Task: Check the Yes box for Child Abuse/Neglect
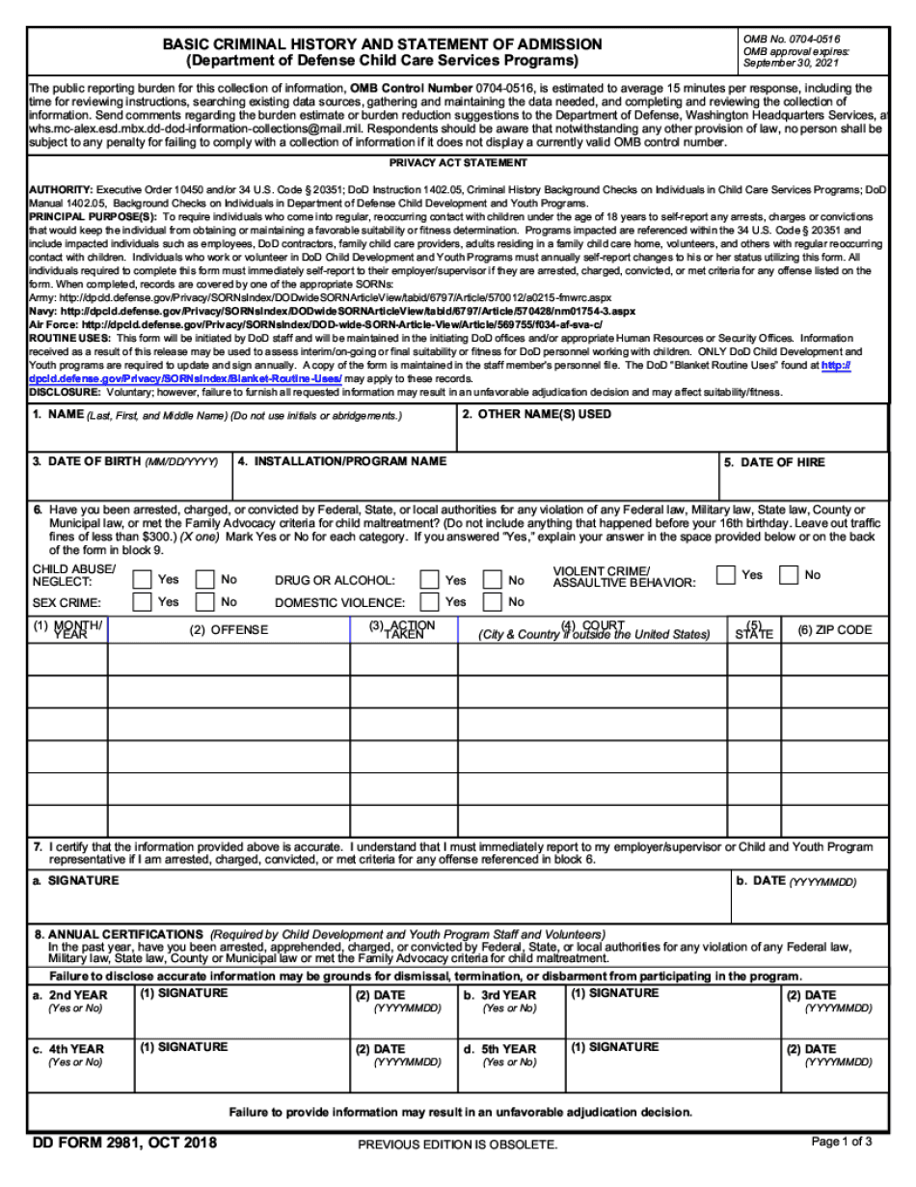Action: click(x=142, y=580)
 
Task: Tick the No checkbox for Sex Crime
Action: click(x=205, y=602)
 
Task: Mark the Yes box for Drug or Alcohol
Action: click(x=430, y=580)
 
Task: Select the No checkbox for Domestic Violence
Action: click(x=493, y=602)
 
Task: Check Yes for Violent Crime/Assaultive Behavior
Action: click(x=726, y=575)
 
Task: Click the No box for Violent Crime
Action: click(x=790, y=575)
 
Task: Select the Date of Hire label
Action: click(x=782, y=463)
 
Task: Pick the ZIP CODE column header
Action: click(x=834, y=630)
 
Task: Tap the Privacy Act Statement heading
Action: click(x=458, y=163)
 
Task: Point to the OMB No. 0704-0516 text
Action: click(x=778, y=38)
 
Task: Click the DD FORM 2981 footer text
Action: click(x=123, y=1144)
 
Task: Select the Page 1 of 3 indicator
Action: click(x=842, y=1142)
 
